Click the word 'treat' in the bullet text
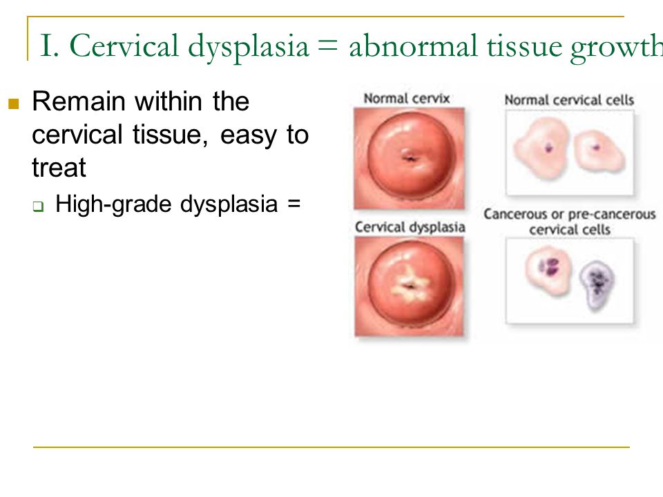59,168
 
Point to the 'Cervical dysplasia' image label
410,227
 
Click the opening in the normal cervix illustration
410,157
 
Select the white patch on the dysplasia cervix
409,284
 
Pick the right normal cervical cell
597,150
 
